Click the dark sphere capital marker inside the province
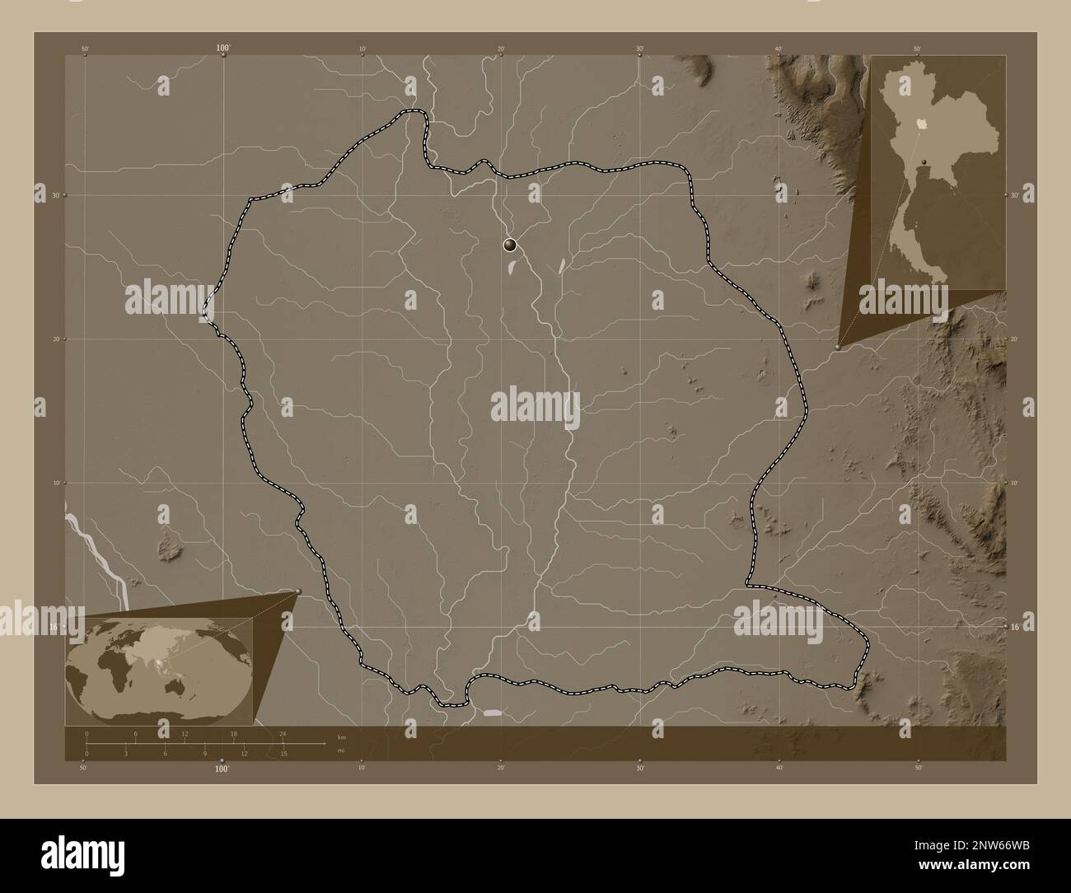511,244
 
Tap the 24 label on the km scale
283,733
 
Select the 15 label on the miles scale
283,753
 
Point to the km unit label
341,736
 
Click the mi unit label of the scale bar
341,750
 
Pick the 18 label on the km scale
234,733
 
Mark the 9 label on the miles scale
205,753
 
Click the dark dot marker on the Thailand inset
924,161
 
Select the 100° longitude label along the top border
223,49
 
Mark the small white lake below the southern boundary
492,713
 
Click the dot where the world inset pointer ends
298,591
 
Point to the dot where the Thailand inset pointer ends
839,348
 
